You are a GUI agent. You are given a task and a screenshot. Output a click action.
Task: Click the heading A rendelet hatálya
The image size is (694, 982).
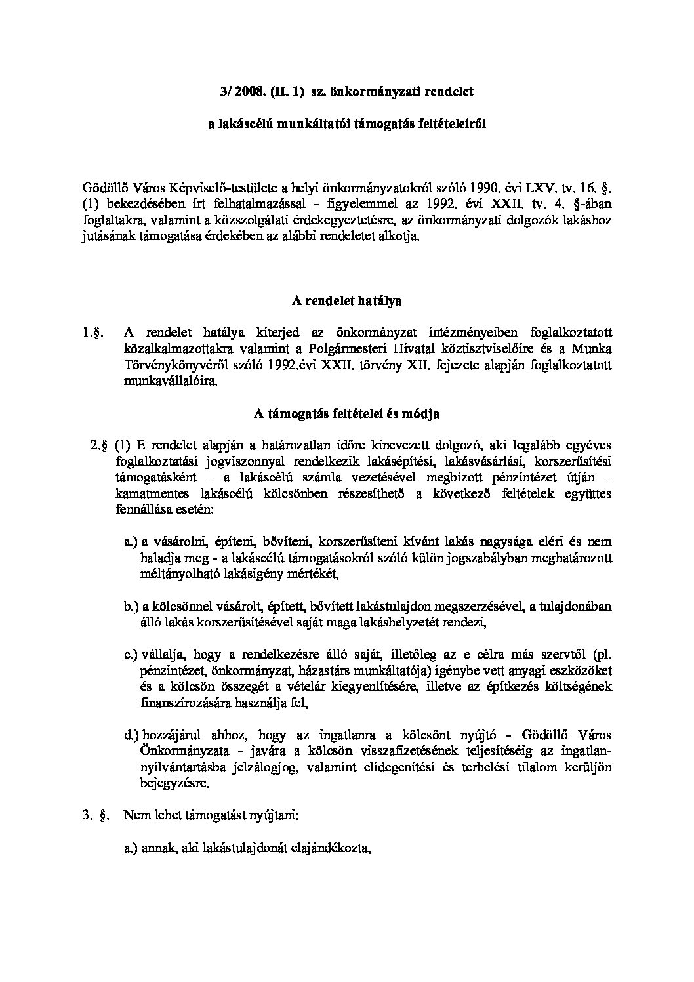click(347, 302)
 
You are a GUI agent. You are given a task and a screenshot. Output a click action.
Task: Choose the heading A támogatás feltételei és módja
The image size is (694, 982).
click(346, 414)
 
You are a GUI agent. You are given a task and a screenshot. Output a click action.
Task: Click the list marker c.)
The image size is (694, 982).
click(131, 655)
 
